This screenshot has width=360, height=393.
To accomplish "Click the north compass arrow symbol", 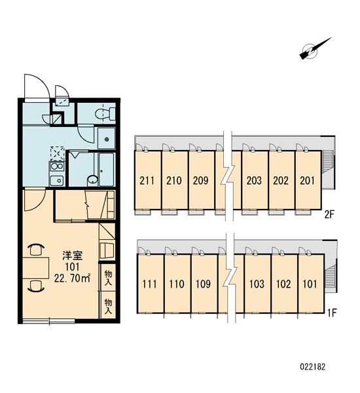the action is pos(315,49).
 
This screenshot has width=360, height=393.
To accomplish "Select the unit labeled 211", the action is pos(147,180).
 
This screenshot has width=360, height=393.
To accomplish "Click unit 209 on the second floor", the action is pos(201,180).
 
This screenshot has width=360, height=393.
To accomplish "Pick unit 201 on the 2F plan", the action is pos(308,180).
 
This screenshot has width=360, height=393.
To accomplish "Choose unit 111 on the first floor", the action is pos(150,284).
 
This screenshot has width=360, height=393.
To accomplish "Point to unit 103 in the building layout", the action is pos(257,284).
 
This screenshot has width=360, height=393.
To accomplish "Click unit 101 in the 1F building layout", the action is pos(311,284).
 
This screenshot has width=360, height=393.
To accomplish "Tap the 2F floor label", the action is pos(329,215).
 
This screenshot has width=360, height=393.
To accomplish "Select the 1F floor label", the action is pos(332,312).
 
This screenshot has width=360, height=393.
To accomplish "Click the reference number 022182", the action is pos(313,367).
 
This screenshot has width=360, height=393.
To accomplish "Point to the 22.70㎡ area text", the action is pos(73,278).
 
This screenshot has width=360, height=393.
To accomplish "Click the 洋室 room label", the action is pos(73,255).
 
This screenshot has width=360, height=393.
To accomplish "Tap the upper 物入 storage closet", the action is pos(108,277).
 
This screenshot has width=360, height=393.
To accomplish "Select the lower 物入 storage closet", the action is pos(108,305).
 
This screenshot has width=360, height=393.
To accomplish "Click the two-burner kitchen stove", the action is pos(57,166).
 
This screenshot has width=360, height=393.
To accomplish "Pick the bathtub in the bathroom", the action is pos(107,170).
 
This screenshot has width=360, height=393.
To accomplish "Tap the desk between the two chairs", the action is pos(36,268).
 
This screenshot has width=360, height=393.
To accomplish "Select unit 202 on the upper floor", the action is pos(281,180).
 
